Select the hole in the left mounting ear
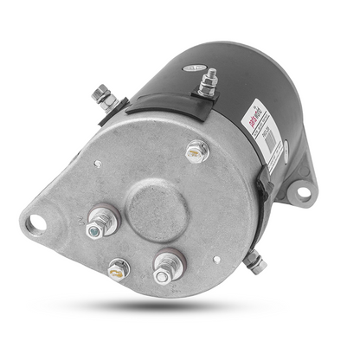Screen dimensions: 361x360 [35, 223]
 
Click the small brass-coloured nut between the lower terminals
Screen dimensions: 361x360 [118, 269]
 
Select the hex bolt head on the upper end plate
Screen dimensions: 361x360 [196, 152]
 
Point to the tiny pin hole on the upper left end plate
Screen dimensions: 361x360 [101, 161]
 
